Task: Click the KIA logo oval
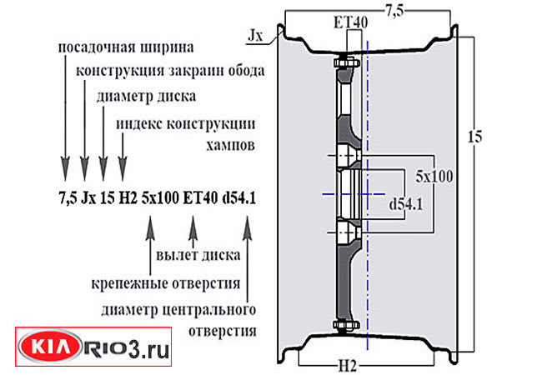(52, 349)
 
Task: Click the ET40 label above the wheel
(349, 22)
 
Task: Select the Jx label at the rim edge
(256, 36)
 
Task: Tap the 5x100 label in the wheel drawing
(434, 177)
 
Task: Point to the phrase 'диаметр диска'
(146, 97)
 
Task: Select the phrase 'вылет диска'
(198, 253)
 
